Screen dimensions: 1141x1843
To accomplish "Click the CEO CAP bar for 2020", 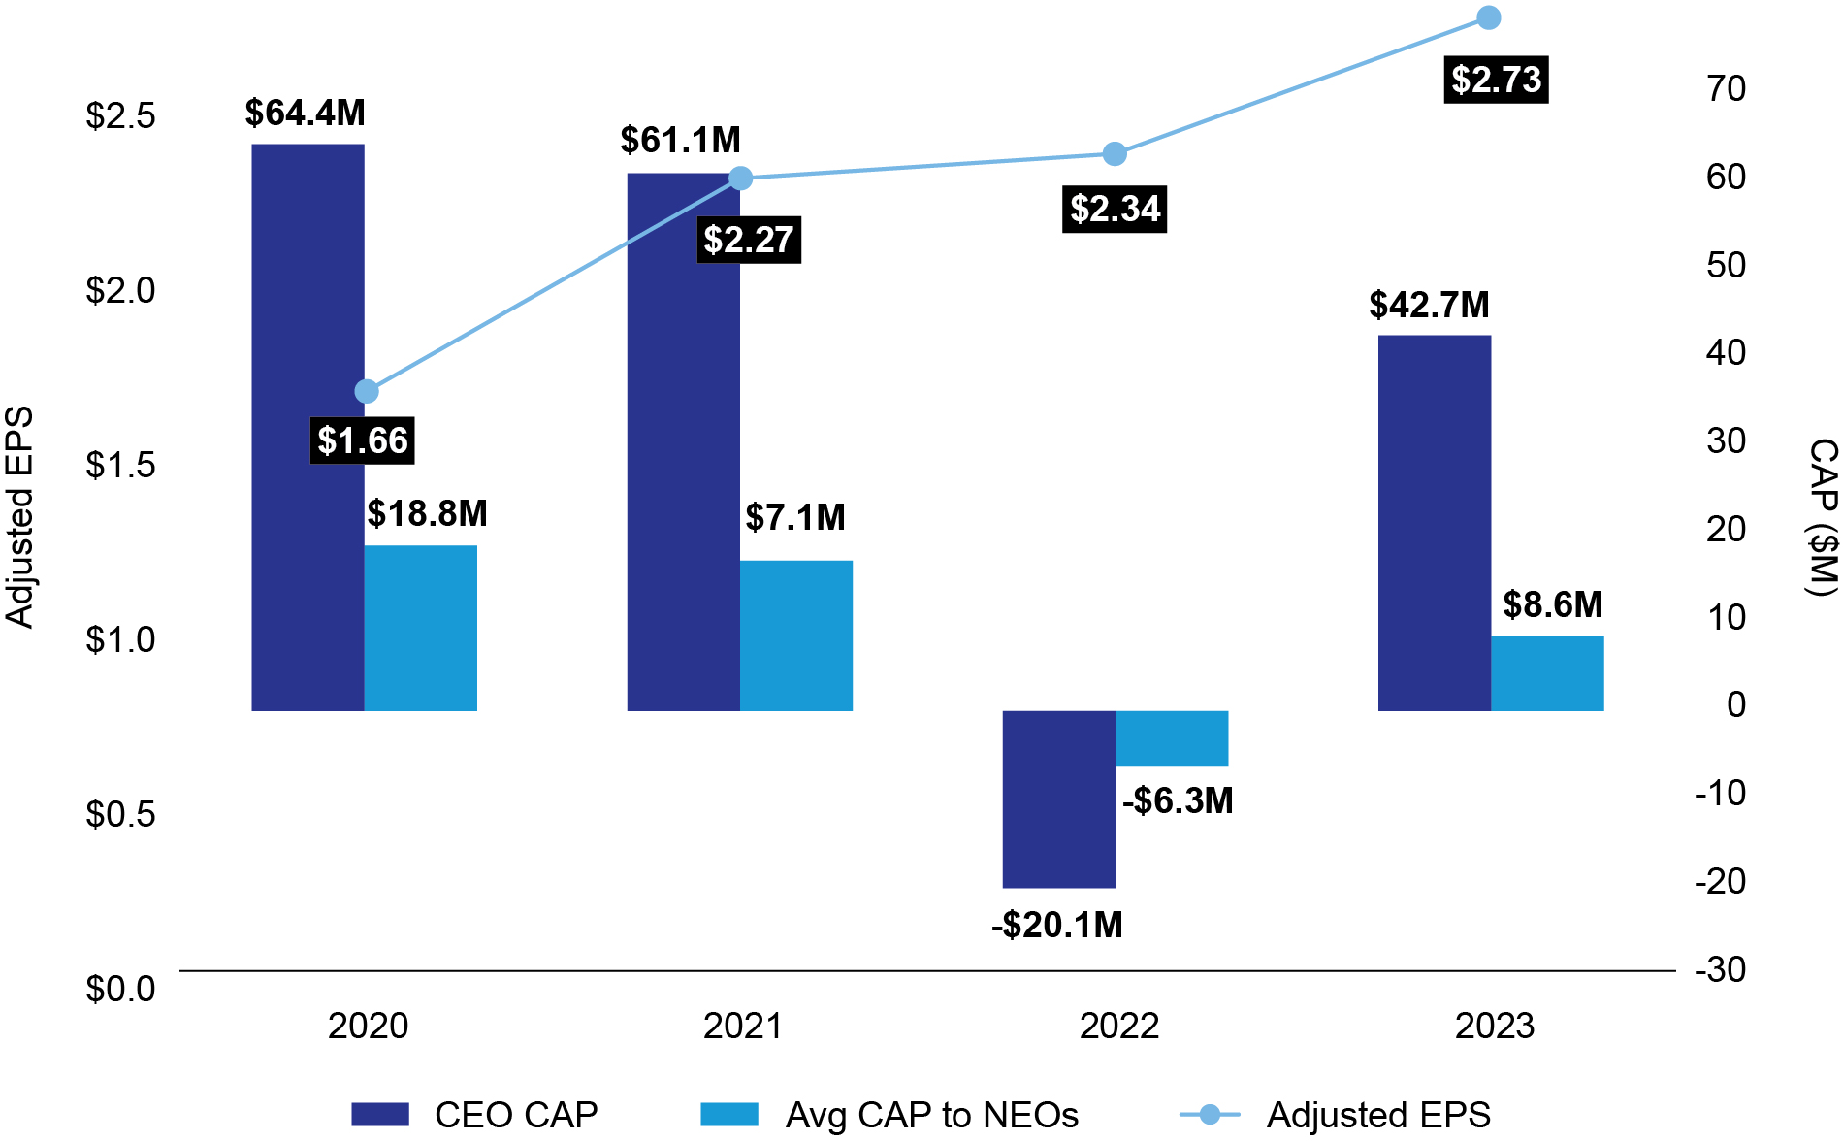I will [307, 427].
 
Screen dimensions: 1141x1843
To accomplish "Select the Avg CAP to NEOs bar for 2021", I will [795, 636].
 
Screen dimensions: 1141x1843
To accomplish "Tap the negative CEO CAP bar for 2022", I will [1058, 799].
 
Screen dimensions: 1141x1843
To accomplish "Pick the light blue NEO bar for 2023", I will [1546, 673].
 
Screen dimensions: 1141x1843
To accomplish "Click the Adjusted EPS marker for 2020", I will [367, 391].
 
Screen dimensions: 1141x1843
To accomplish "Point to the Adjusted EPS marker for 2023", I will [1488, 17].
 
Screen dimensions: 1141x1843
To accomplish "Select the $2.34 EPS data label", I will [1115, 210].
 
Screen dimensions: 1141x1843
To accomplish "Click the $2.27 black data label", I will [748, 240].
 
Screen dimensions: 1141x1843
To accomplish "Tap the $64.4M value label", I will [305, 114].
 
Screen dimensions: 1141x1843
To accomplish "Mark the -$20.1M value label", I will [1056, 925].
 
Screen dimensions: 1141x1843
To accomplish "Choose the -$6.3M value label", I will [1178, 800].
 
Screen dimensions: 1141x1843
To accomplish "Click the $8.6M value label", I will [1552, 604].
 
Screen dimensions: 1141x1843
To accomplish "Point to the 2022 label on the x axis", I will [1118, 1026].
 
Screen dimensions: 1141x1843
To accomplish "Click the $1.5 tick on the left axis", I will [120, 465].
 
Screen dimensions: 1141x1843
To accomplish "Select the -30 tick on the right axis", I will [1720, 969].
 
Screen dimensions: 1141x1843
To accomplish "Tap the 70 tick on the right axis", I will [1727, 88].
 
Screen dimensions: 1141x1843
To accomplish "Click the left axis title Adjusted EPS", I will [19, 517].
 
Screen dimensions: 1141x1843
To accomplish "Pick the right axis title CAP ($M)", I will [1823, 517].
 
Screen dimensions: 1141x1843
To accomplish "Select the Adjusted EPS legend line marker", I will [1210, 1114].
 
